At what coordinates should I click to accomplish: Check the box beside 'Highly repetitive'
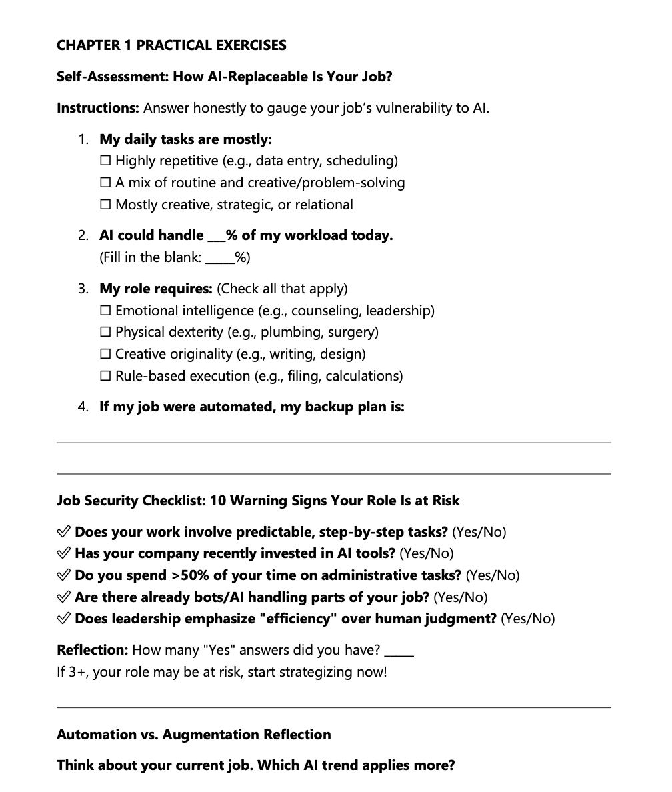[105, 161]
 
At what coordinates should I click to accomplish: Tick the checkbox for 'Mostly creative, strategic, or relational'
[105, 205]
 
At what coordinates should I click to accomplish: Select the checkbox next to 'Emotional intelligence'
[105, 311]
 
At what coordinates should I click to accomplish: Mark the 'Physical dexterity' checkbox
[105, 332]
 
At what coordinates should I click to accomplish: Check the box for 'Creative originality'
[105, 354]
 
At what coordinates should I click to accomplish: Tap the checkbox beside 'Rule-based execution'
[105, 376]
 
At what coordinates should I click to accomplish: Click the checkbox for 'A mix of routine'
[105, 183]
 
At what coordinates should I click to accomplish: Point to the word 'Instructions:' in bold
[98, 108]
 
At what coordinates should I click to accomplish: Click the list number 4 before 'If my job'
[83, 407]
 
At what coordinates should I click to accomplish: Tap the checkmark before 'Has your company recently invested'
[64, 553]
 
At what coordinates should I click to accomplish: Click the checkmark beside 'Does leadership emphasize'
[64, 619]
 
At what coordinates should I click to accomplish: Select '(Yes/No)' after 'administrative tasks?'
[492, 575]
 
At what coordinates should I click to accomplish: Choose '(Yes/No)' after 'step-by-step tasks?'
[479, 532]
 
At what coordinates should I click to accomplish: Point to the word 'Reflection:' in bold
[92, 650]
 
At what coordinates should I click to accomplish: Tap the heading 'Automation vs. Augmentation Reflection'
[193, 735]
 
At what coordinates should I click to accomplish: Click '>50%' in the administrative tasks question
[191, 575]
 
